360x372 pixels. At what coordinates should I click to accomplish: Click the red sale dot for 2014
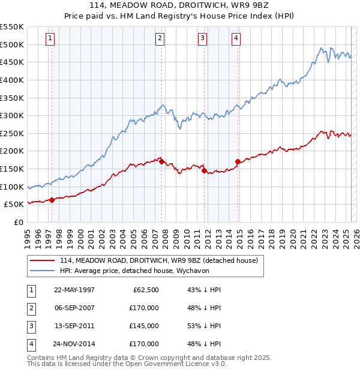(x=238, y=161)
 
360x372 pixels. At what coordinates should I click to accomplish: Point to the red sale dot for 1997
(x=52, y=200)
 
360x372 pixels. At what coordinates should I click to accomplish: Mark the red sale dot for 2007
(x=162, y=161)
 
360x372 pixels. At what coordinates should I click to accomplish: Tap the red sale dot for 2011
(x=205, y=170)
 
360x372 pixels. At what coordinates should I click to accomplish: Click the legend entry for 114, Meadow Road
(x=158, y=260)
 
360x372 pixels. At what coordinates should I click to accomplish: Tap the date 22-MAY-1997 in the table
(x=74, y=290)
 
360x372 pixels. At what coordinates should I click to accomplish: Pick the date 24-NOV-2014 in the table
(x=74, y=344)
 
